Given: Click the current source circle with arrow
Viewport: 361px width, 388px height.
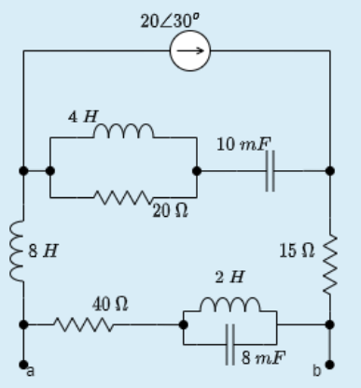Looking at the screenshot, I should coord(190,52).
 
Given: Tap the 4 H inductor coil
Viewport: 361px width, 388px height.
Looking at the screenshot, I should coord(122,132).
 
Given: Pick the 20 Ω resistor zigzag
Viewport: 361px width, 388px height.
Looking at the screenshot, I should coord(122,196).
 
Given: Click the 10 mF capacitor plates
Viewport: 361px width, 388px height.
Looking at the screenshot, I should coord(269,172).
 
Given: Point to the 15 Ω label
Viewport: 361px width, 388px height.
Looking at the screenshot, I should coord(296,251).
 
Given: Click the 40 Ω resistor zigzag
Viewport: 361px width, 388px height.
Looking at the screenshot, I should coord(85,324).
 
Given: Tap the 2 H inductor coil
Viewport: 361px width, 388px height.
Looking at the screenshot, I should coord(230,305).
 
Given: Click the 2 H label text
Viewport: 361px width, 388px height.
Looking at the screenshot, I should coord(230,278).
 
